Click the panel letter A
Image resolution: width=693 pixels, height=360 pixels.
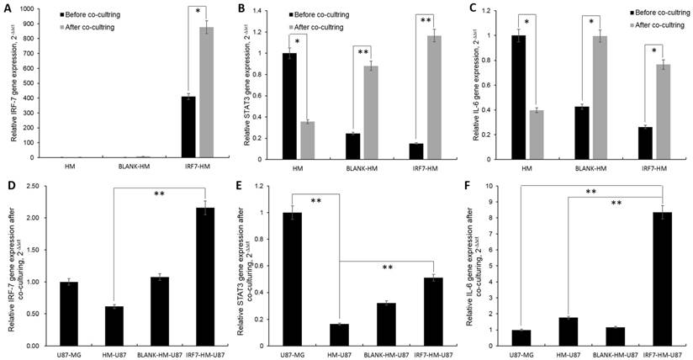click(x=7, y=8)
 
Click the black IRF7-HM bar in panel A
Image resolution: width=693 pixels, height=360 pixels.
click(x=188, y=127)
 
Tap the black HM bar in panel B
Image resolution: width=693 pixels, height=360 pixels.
click(x=289, y=105)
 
